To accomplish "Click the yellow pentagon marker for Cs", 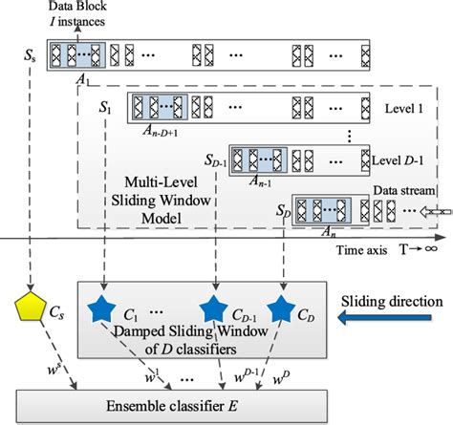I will pyautogui.click(x=30, y=308).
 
